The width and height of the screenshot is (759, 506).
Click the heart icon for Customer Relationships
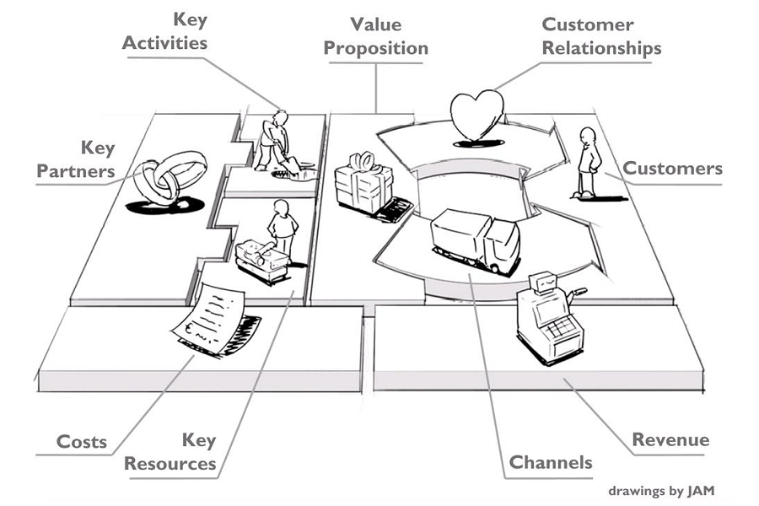coord(476,116)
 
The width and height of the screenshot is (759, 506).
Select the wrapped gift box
coord(364,184)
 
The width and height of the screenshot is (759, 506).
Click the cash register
coord(551,319)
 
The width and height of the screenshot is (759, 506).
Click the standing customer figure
coord(588,163)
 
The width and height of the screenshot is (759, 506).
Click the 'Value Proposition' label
coord(375,37)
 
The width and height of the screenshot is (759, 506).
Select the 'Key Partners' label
coord(76,159)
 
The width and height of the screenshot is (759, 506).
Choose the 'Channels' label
coord(551,462)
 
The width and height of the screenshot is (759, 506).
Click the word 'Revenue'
coord(670,439)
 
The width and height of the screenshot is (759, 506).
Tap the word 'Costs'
coord(81,442)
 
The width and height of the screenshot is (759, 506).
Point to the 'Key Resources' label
coord(170,452)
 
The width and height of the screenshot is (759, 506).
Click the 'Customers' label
coord(672,169)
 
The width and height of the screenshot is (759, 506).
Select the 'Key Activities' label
coord(164,32)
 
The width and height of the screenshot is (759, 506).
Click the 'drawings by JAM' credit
coord(661,491)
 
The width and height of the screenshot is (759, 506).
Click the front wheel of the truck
coord(494,268)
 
